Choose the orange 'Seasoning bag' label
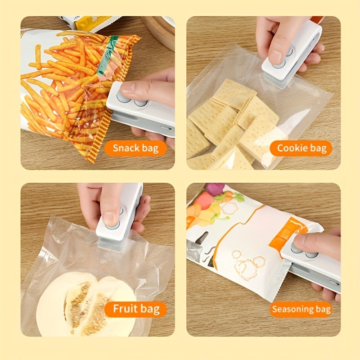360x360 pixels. pos(301,310)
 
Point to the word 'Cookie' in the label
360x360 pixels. pos(289,148)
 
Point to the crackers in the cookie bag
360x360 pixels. pos(229,121)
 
